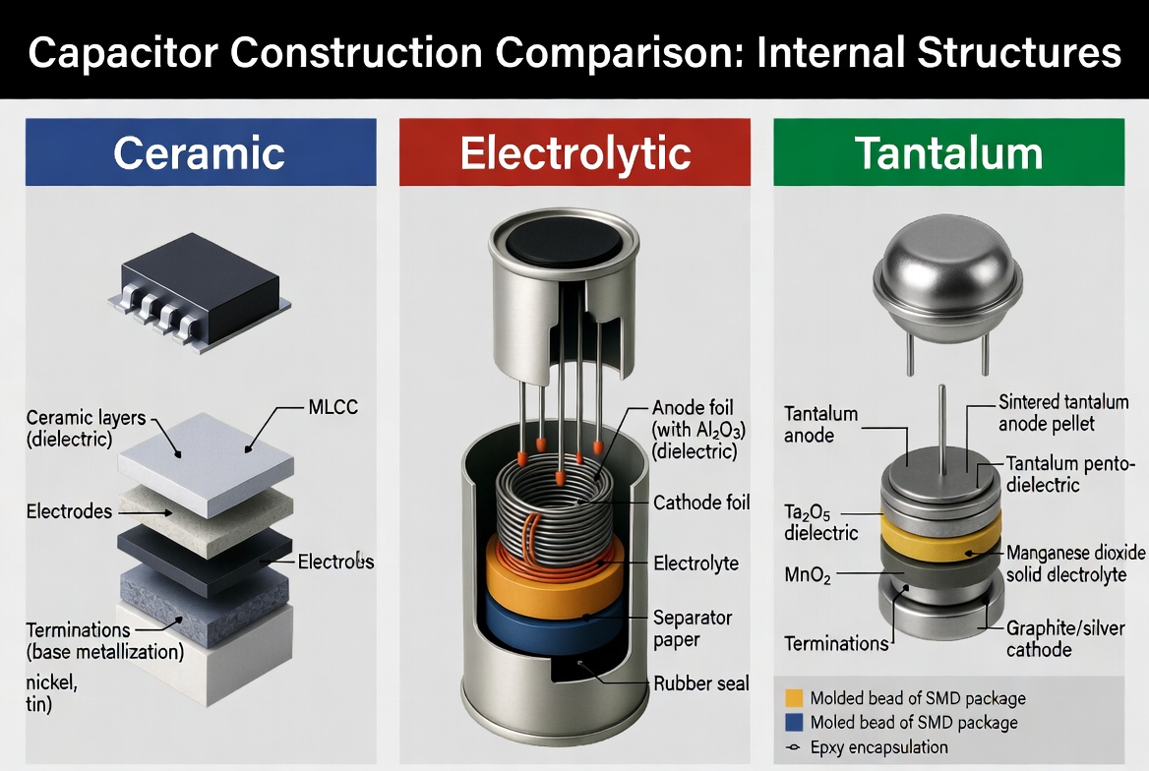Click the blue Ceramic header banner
click(201, 152)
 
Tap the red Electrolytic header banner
click(574, 152)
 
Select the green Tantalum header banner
click(947, 152)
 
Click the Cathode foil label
click(701, 503)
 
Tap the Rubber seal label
click(701, 683)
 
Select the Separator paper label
click(693, 628)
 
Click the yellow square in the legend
click(793, 698)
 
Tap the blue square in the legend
click(793, 723)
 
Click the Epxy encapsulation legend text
click(879, 747)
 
